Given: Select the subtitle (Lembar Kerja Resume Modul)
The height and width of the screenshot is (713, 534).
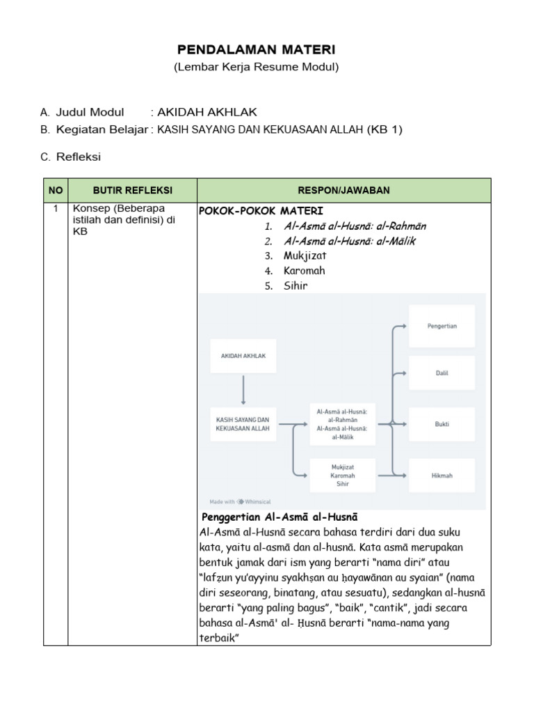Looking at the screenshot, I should click(256, 68).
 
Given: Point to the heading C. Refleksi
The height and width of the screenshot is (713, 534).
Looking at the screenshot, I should click(70, 157).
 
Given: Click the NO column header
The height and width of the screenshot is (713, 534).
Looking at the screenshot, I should click(55, 190).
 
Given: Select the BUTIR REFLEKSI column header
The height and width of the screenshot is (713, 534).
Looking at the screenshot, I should click(132, 190).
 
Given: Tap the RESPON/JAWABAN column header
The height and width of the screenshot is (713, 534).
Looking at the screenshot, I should click(343, 190).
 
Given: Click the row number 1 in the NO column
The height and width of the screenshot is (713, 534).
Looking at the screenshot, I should click(55, 209).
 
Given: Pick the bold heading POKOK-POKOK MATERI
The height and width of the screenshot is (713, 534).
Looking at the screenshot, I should click(261, 211).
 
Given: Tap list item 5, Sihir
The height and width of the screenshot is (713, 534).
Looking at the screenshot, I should click(296, 285).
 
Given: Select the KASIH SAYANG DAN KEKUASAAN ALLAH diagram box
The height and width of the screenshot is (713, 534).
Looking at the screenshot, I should click(243, 424).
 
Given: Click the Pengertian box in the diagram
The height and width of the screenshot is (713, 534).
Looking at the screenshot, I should click(442, 325).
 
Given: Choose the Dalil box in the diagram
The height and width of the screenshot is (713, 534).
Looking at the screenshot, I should click(442, 373).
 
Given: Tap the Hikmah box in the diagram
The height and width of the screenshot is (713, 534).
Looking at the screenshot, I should click(442, 476).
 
